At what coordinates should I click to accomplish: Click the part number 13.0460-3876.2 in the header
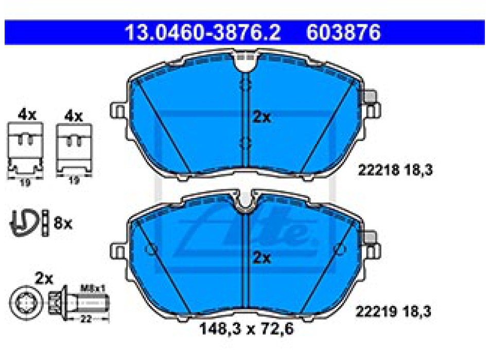coord(203,32)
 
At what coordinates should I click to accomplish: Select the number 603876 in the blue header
coord(343,32)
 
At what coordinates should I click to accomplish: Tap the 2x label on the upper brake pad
coord(261,117)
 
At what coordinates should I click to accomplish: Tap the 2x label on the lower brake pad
coord(261,258)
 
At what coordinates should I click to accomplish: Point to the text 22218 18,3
coord(395,171)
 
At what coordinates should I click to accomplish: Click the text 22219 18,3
coord(393,311)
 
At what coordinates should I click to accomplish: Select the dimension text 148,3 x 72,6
coord(246,329)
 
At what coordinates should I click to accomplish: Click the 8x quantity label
coord(63,223)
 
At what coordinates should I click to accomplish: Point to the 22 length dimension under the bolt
coord(86,319)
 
